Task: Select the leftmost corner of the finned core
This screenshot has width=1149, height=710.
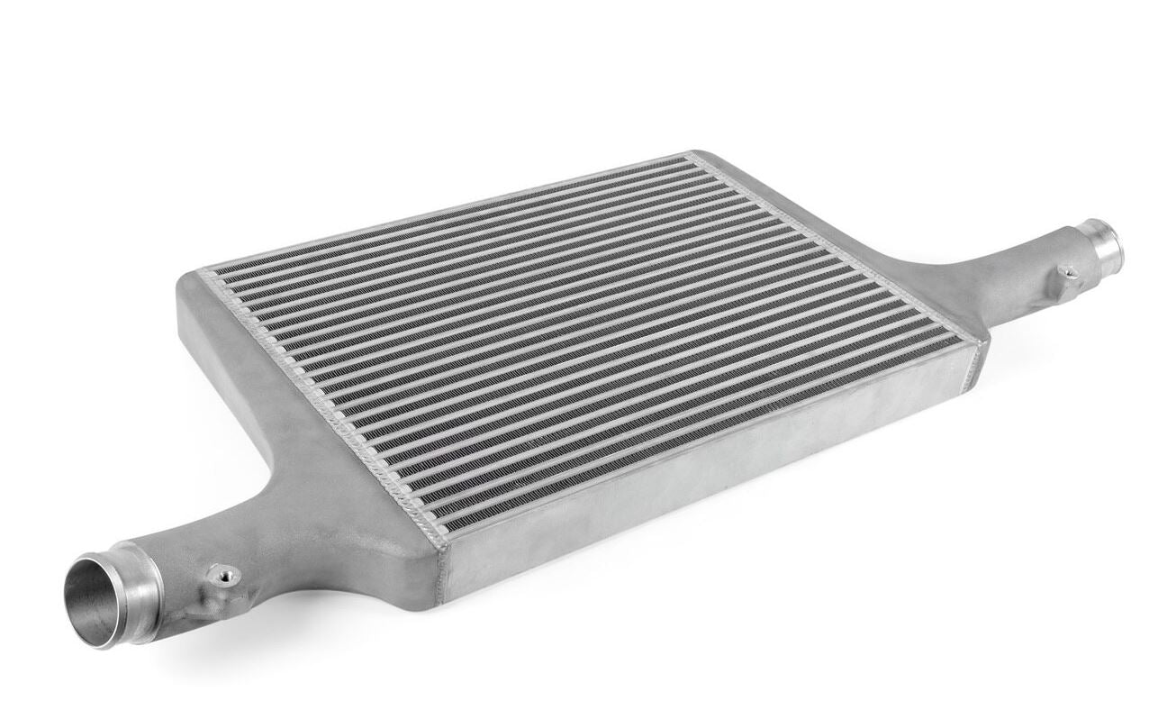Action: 202,270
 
